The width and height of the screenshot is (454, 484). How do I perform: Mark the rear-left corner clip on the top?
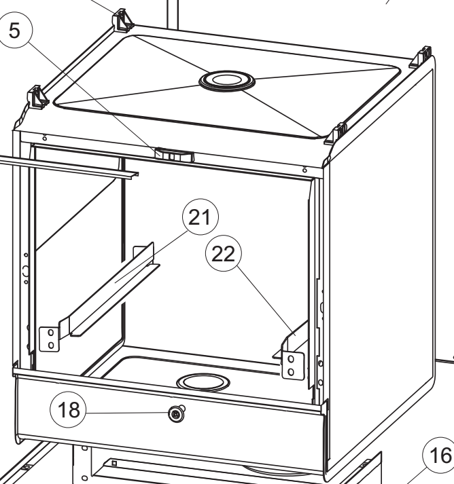tap(122, 19)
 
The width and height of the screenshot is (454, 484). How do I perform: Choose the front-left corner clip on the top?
tap(37, 96)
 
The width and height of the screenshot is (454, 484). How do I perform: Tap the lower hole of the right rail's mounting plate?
tap(290, 371)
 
